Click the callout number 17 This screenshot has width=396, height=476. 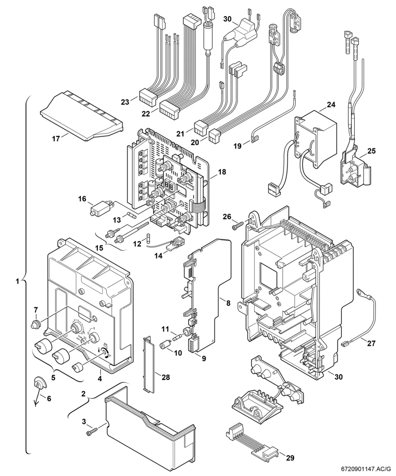coord(56,138)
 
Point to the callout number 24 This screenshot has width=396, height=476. coord(331,105)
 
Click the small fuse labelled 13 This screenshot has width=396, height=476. coord(131,215)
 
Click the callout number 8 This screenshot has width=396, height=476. coord(228,303)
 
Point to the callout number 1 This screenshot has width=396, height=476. coord(17,281)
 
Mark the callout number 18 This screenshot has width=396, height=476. coord(222,172)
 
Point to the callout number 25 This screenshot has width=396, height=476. coord(371,151)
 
